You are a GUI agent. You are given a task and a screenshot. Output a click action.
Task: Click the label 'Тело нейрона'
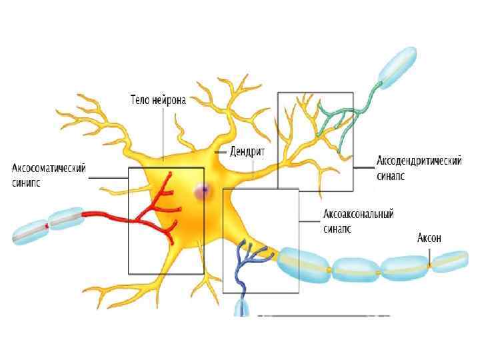157,101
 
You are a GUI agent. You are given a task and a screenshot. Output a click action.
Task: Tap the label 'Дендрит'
247,152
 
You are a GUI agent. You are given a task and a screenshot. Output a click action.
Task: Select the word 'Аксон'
429,238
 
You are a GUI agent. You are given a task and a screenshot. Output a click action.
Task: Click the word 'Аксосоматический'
49,169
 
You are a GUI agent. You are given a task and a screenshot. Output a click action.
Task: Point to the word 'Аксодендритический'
419,161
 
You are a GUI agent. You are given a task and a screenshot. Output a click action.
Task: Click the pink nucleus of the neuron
201,192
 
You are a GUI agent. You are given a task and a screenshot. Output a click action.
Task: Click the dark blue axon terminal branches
251,260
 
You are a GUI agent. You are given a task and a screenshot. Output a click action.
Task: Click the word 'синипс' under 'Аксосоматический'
26,183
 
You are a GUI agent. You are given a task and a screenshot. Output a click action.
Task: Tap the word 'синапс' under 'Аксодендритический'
391,176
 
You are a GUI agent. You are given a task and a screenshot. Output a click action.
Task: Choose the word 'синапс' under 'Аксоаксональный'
337,229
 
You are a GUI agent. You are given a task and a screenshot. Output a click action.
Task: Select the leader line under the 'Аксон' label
430,254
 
